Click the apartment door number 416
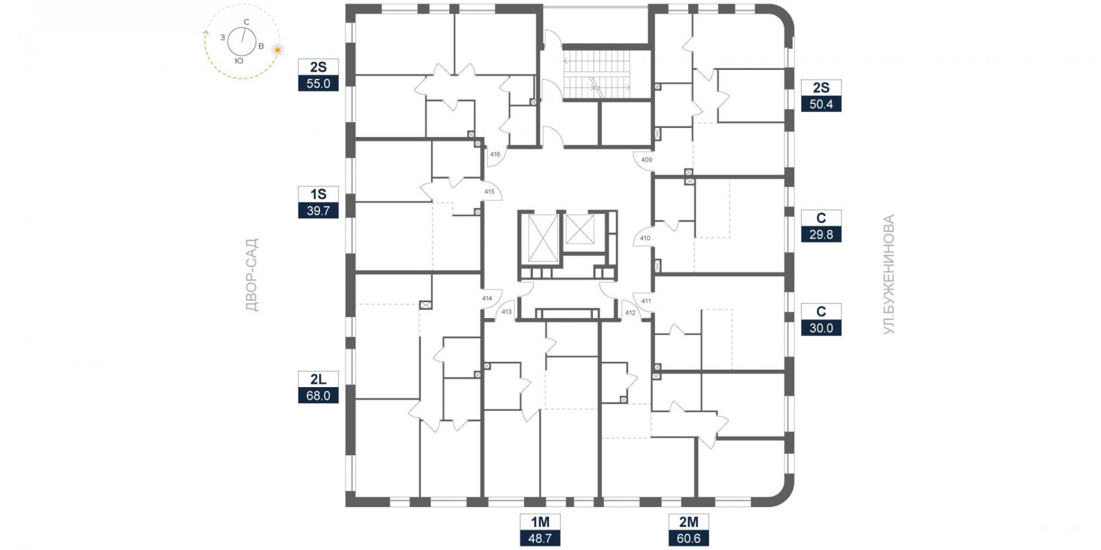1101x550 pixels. click(495, 154)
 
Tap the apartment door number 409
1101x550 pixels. click(646, 160)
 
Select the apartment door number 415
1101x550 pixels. click(489, 192)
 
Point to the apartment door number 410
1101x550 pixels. click(645, 238)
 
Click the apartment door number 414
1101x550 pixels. click(487, 298)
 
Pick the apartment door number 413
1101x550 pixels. click(506, 312)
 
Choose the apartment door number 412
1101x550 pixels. click(630, 313)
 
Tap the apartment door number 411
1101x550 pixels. click(646, 301)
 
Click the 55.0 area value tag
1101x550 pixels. click(318, 84)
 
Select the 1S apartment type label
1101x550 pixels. click(318, 194)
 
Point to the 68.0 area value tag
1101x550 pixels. click(318, 396)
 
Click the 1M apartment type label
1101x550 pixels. click(540, 522)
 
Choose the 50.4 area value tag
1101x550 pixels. click(821, 104)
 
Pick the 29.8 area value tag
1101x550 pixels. click(821, 235)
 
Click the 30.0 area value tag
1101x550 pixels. click(821, 328)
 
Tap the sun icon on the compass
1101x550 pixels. click(278, 49)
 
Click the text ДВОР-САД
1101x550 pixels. click(252, 275)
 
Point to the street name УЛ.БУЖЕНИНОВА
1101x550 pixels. click(888, 275)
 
